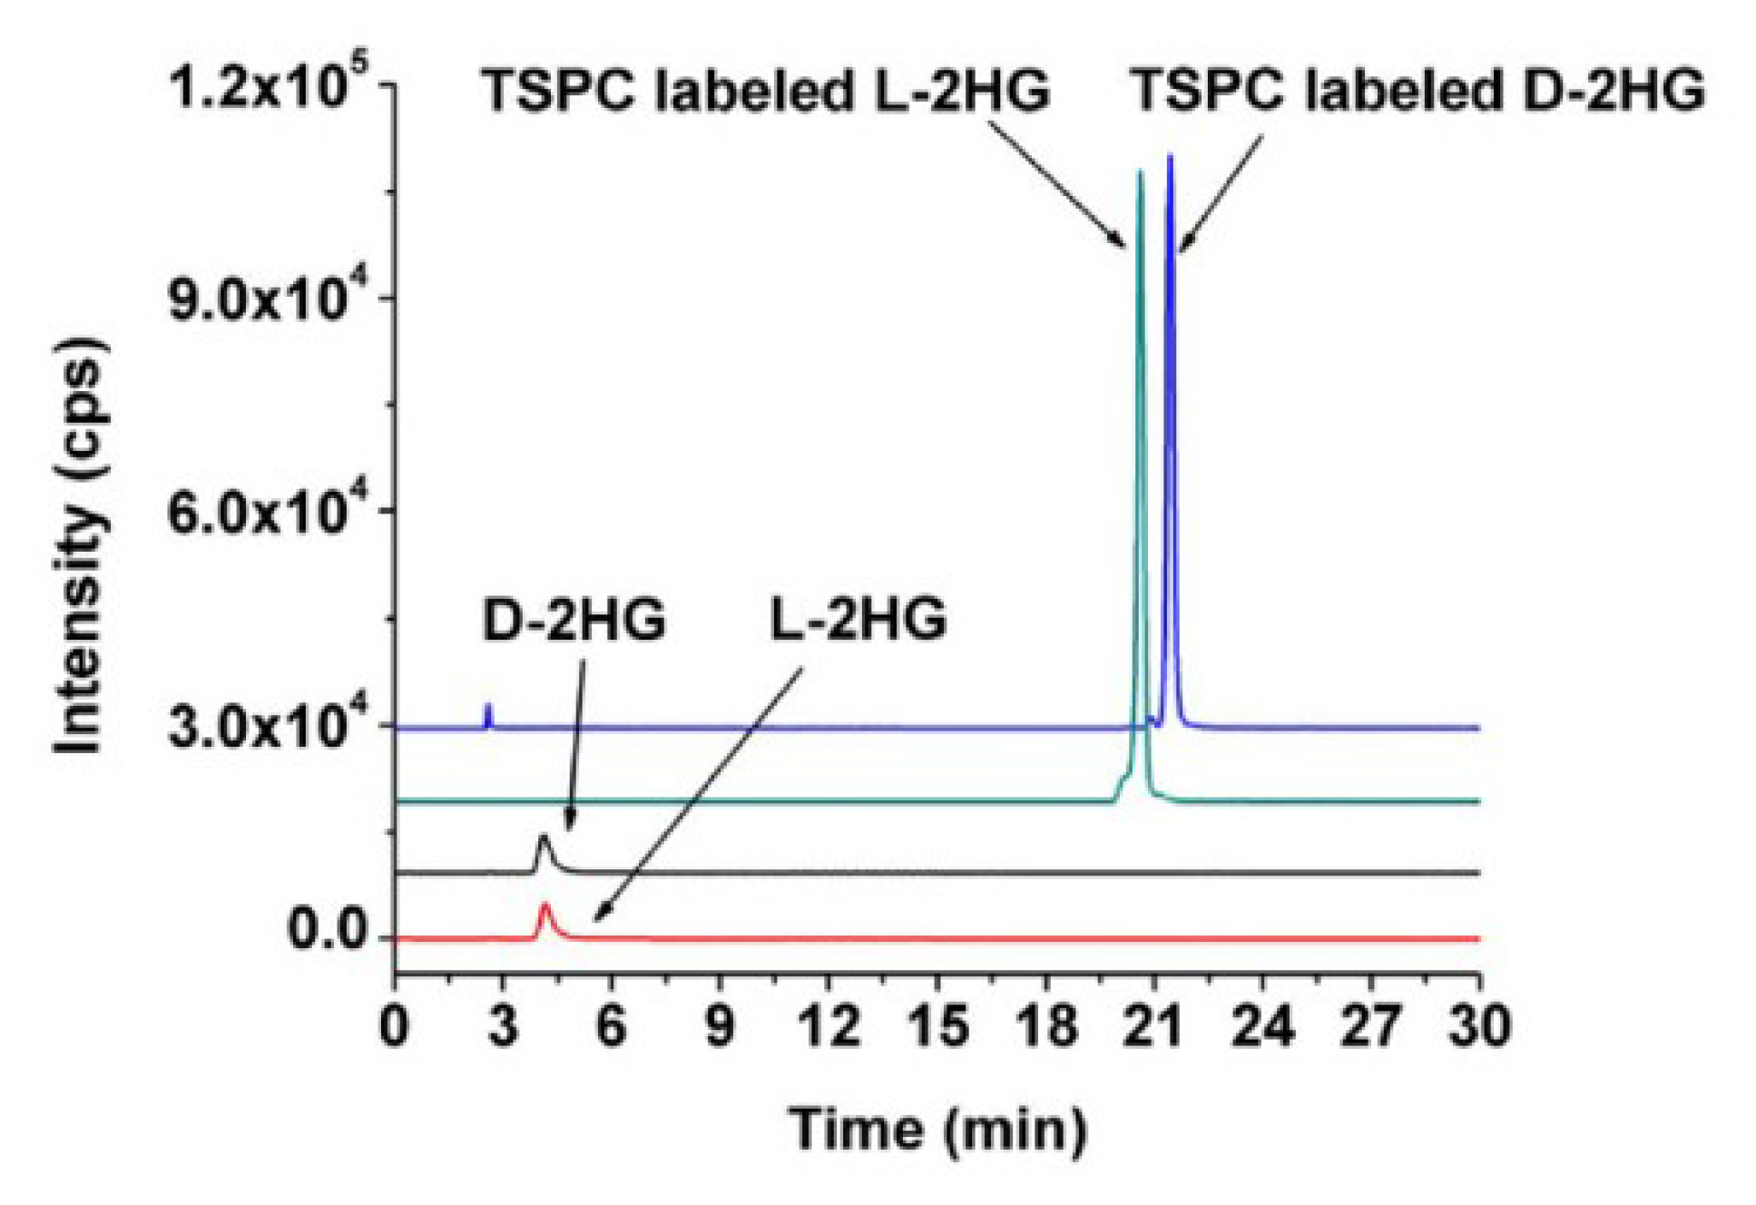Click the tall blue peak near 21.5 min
[x=1170, y=163]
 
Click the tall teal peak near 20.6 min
[x=1140, y=177]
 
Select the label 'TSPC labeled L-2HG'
[x=765, y=91]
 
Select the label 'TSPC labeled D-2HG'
[x=1417, y=91]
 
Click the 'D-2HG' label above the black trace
[x=574, y=621]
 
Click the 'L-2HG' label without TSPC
[x=858, y=621]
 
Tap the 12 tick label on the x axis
[x=828, y=1027]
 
